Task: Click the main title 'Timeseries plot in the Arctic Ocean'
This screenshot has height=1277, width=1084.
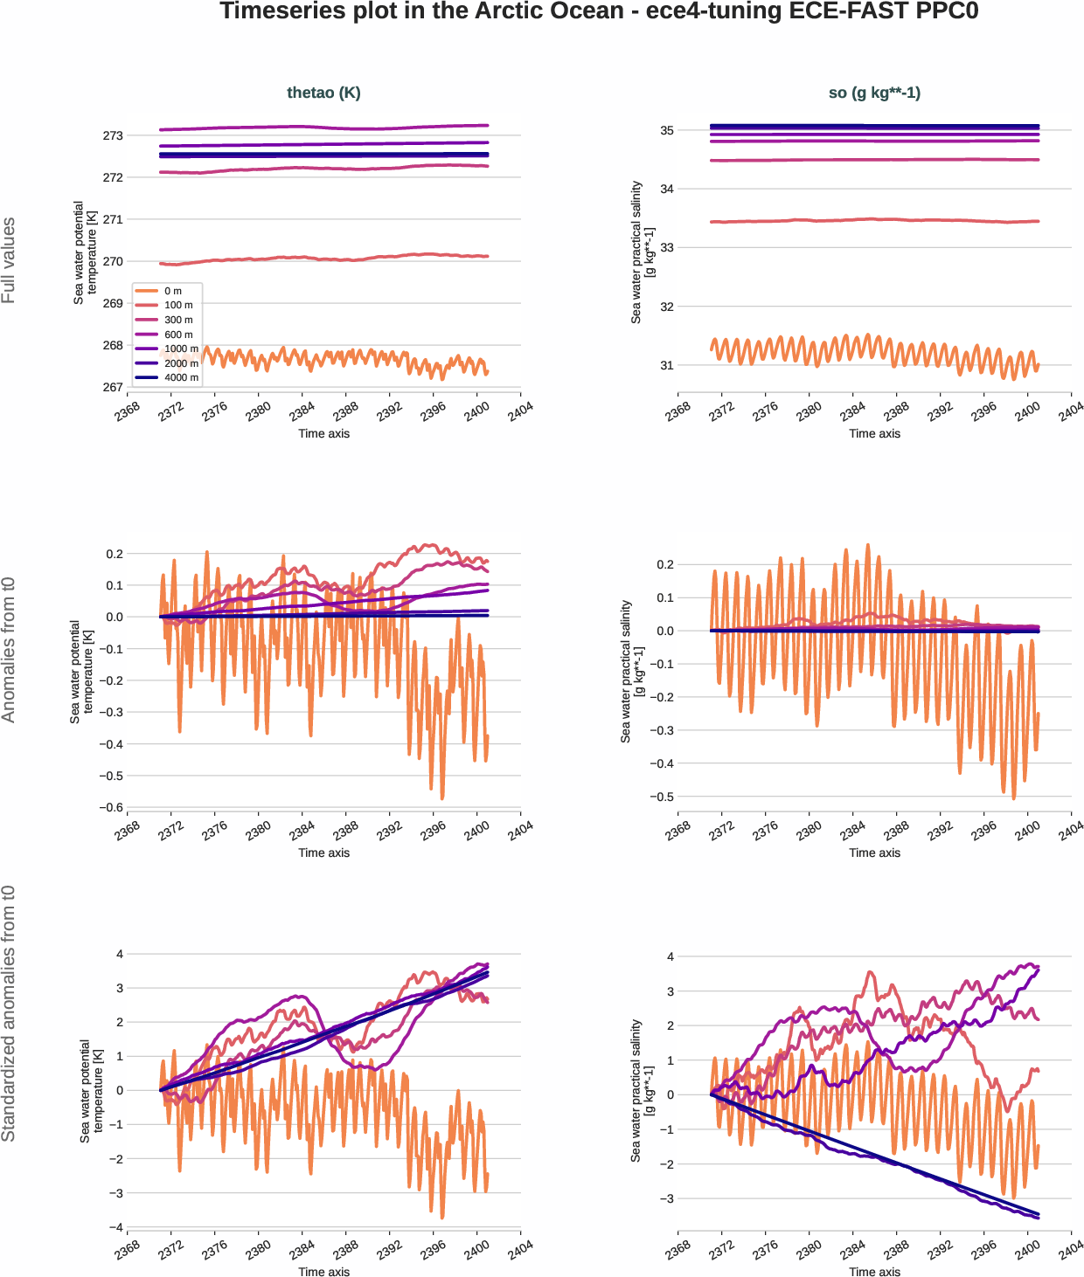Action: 598,11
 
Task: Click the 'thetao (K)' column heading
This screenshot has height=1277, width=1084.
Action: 323,93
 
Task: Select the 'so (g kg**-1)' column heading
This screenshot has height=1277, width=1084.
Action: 874,93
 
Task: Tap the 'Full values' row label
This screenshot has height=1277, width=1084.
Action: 9,260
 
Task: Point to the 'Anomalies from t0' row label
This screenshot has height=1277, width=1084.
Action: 9,650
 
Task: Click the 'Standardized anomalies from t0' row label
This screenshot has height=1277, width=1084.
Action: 9,1013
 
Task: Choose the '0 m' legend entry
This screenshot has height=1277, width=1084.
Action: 172,291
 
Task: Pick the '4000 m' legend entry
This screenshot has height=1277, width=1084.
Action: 181,377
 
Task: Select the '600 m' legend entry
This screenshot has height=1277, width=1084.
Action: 178,335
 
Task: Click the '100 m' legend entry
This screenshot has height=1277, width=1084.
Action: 178,305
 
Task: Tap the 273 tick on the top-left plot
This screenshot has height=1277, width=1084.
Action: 113,135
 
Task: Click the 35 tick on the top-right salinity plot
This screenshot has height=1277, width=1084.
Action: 667,130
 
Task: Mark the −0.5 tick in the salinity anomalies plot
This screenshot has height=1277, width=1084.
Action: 662,797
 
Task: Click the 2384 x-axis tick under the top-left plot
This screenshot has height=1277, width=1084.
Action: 302,411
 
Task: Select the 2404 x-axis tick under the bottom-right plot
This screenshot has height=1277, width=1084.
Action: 1071,1250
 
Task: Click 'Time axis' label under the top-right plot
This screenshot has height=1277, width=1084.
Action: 874,433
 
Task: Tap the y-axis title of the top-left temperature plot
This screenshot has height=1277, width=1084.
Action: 85,252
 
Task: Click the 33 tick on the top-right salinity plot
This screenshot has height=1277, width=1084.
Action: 667,248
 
